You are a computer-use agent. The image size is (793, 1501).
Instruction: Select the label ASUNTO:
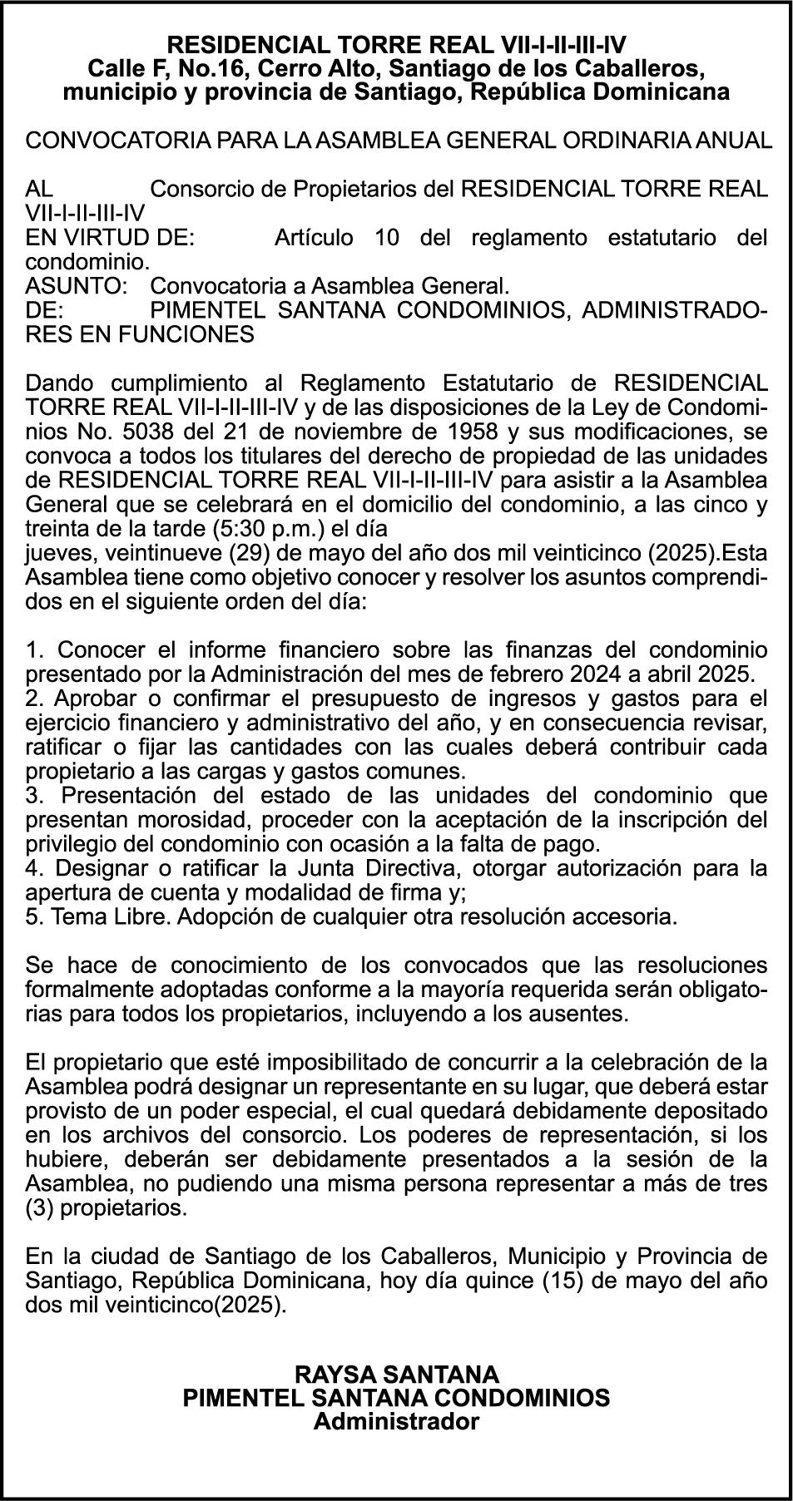75,286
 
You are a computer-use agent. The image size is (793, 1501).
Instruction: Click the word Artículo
313,238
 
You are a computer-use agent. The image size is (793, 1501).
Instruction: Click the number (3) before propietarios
39,1207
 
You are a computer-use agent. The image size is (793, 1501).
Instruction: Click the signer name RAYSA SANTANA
396,1373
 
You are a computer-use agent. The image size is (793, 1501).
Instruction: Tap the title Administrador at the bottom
396,1421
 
